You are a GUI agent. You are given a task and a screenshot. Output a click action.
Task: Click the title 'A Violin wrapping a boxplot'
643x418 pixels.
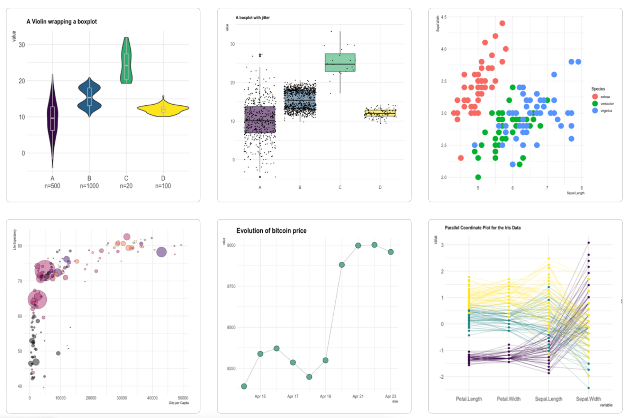(x=62, y=22)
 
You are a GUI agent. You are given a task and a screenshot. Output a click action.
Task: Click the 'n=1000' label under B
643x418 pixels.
(x=89, y=186)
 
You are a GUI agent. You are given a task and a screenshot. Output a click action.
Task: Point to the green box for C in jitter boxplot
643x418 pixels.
(x=340, y=63)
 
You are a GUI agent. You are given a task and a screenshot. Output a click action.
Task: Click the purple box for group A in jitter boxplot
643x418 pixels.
(x=260, y=120)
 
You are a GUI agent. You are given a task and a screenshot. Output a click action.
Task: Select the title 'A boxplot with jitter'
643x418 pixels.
(x=253, y=18)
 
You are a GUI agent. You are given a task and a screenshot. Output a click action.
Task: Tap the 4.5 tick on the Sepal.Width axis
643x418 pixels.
(x=444, y=17)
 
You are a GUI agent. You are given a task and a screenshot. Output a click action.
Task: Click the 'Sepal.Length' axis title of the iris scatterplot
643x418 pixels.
(x=575, y=193)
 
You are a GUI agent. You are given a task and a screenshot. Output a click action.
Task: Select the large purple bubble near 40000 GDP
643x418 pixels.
(x=161, y=252)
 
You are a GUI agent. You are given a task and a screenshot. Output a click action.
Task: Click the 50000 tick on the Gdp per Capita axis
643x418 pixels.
(x=183, y=398)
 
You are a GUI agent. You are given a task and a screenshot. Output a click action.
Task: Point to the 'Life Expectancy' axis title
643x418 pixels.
(x=15, y=240)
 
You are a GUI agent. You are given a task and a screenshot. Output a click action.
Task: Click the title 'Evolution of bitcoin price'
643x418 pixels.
(x=271, y=231)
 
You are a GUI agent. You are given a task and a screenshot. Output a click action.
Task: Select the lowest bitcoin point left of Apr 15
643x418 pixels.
(x=244, y=386)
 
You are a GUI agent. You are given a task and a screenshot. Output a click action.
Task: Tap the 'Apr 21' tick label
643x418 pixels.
(x=358, y=396)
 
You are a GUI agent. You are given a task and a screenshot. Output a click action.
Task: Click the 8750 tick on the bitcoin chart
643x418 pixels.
(x=231, y=286)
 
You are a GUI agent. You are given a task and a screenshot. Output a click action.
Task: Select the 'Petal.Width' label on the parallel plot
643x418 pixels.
(x=508, y=399)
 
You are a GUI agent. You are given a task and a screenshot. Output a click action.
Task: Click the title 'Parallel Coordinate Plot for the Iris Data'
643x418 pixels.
(x=483, y=228)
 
